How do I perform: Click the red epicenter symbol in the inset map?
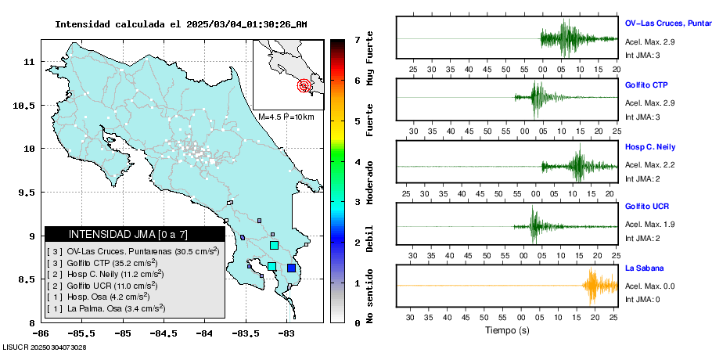pos(305,86)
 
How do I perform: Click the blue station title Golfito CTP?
pos(646,85)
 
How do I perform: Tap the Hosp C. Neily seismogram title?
pos(649,147)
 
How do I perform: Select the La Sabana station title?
pos(642,268)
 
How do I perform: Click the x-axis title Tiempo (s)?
pos(507,330)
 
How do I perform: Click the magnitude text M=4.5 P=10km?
pos(286,117)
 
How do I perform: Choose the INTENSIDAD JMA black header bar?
pos(135,234)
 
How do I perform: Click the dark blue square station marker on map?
pos(291,268)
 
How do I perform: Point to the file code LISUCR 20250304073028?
pos(44,347)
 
